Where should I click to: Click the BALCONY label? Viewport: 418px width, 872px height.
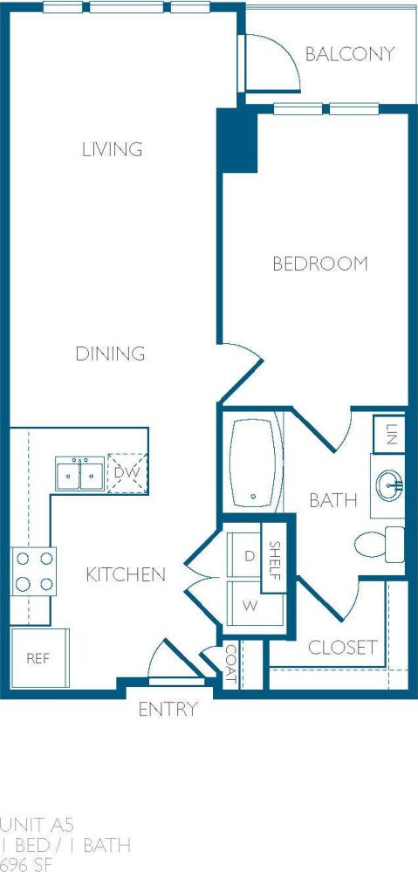(x=350, y=54)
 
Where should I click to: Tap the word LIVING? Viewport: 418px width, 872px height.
(x=112, y=149)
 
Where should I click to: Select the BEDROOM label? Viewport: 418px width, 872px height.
(x=319, y=264)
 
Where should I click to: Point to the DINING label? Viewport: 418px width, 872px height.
(x=109, y=354)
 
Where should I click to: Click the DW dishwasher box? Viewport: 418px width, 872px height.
(x=127, y=472)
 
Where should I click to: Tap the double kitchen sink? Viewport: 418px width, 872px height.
(x=79, y=474)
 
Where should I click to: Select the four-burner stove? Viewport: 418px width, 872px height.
(x=33, y=572)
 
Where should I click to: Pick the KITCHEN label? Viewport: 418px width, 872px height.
(x=126, y=574)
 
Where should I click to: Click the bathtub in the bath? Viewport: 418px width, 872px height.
(x=255, y=465)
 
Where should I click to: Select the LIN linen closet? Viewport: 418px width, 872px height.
(x=389, y=434)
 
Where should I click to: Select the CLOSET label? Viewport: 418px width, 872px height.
(x=342, y=648)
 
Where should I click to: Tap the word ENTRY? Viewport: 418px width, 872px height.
(x=168, y=710)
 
